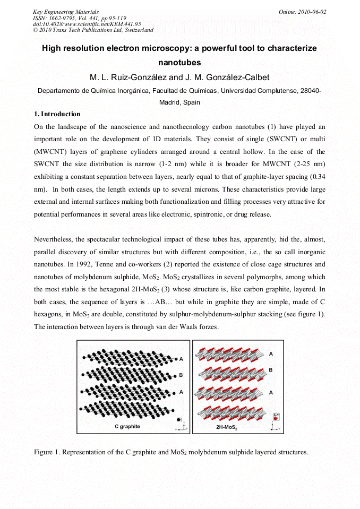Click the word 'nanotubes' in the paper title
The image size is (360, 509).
[x=179, y=63]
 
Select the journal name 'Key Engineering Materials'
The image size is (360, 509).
[x=66, y=12]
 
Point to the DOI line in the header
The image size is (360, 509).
[x=87, y=24]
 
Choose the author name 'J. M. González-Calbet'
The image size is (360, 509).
[x=227, y=78]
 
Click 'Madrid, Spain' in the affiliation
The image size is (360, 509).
[x=179, y=102]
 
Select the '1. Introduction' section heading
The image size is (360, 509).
[x=57, y=114]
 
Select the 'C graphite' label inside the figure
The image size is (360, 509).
[x=127, y=426]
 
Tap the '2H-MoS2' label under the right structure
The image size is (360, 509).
[x=227, y=427]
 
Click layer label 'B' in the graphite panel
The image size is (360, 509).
[x=181, y=375]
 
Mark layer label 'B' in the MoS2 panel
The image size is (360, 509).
[x=271, y=370]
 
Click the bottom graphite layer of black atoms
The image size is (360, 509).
[x=127, y=410]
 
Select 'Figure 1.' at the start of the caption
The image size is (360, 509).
[x=47, y=452]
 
